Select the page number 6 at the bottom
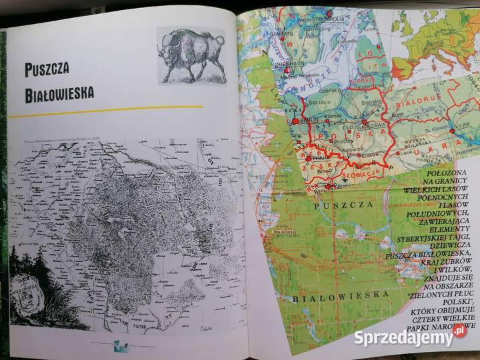(124, 345)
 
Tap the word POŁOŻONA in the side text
(440, 172)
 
